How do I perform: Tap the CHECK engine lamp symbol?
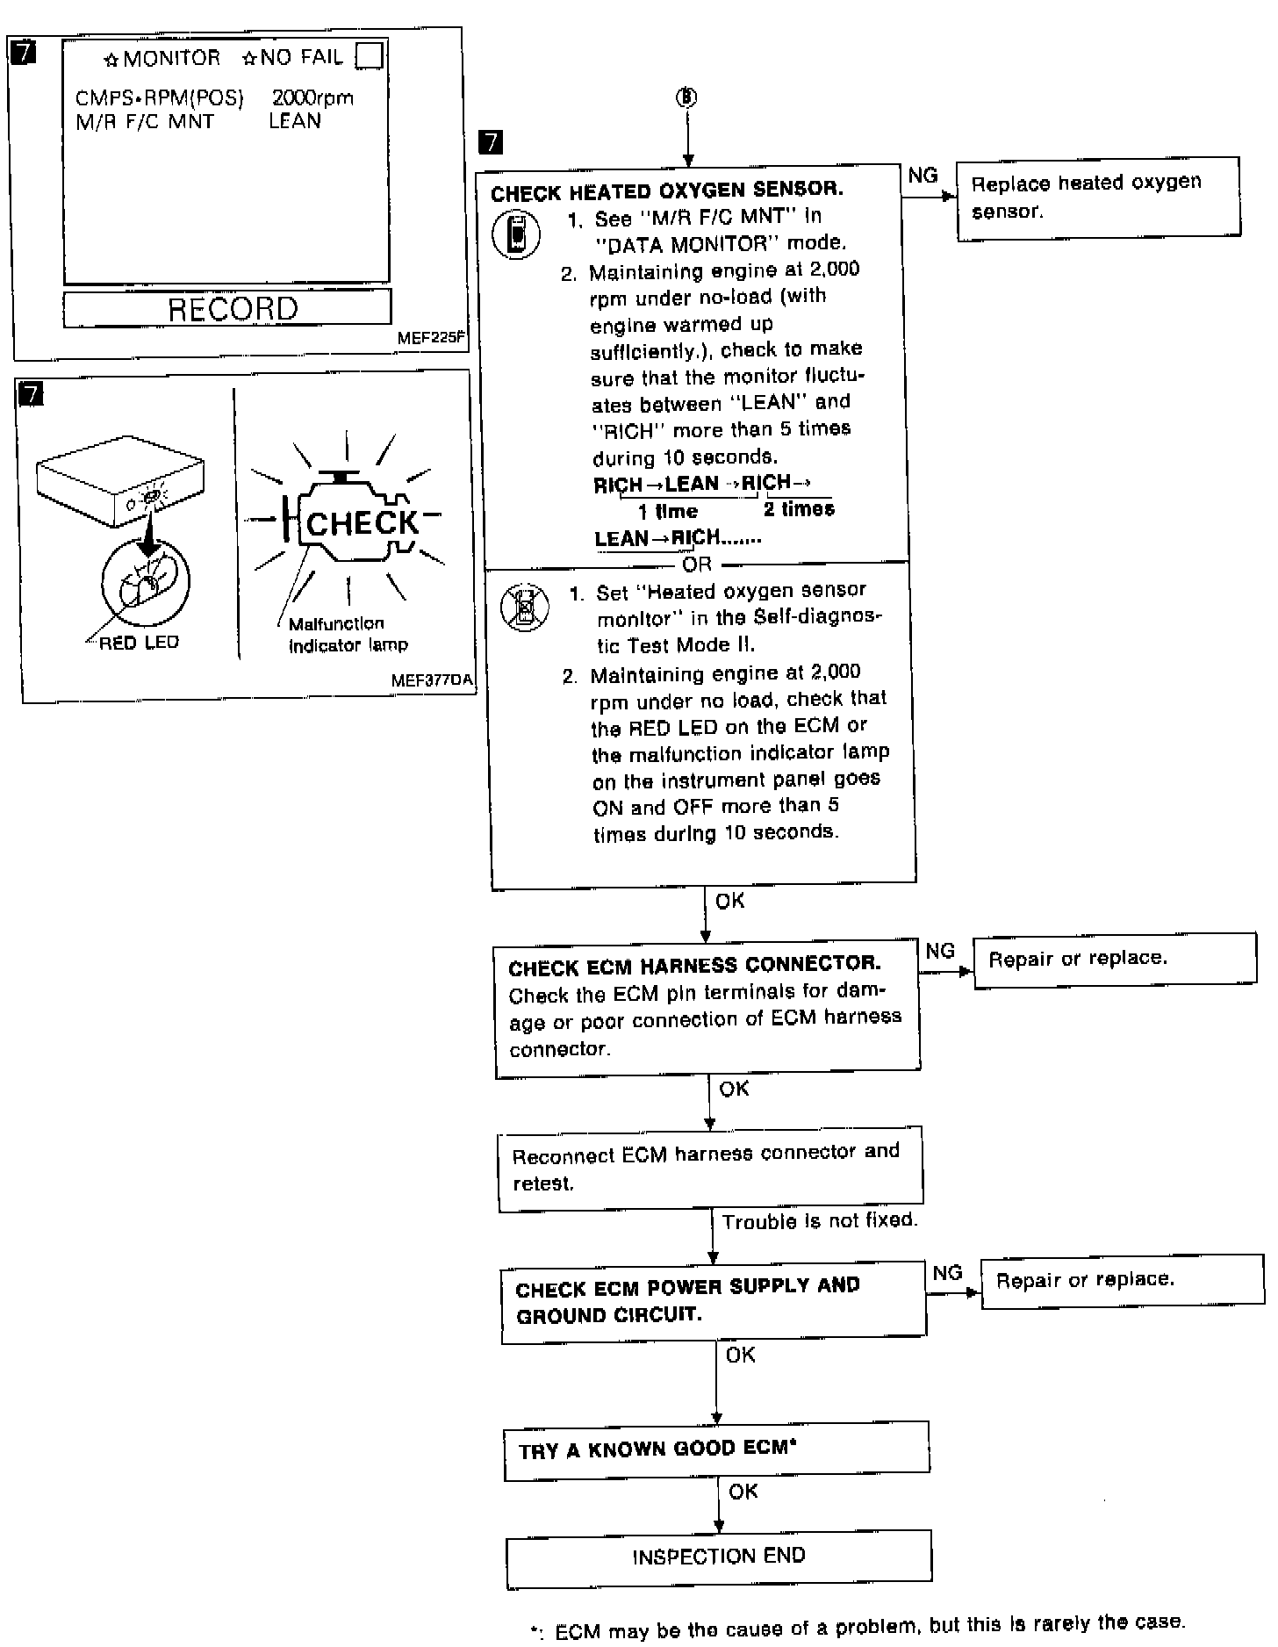click(361, 523)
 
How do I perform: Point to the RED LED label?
click(139, 643)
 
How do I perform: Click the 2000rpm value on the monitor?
click(312, 97)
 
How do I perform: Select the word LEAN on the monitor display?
click(294, 121)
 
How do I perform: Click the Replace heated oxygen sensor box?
click(1097, 198)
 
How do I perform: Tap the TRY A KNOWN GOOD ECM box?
click(716, 1449)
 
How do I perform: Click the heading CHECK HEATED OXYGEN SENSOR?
click(667, 191)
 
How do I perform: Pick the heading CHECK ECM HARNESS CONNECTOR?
click(694, 966)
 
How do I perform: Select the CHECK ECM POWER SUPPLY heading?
click(687, 1300)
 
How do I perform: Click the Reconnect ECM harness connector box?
click(710, 1167)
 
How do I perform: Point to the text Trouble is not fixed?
click(819, 1220)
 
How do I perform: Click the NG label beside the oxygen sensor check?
click(923, 176)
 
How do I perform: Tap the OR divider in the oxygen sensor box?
click(697, 564)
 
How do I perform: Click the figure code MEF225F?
click(431, 337)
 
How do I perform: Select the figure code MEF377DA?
click(431, 680)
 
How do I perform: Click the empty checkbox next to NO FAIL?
click(370, 56)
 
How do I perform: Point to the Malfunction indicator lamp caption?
click(348, 635)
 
